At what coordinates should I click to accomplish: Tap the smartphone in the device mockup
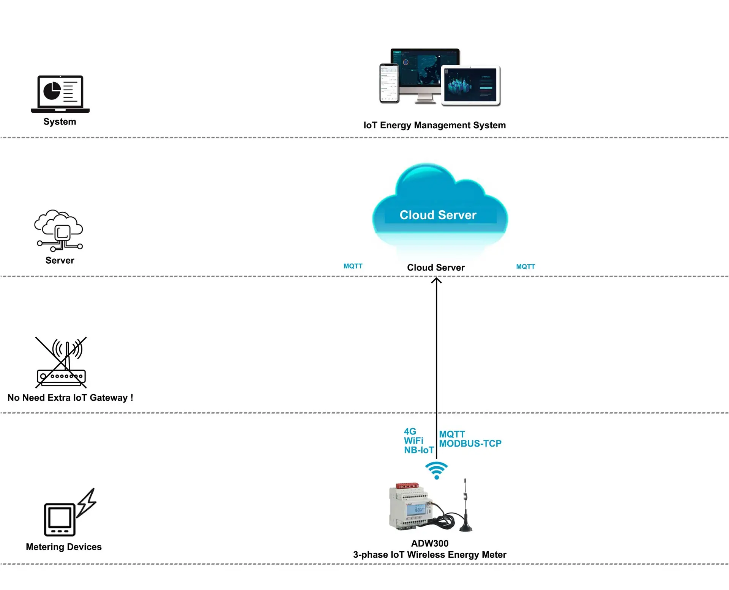(389, 83)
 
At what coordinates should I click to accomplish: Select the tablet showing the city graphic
(471, 85)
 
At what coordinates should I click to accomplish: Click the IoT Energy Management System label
(434, 125)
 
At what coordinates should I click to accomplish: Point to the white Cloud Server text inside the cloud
(438, 215)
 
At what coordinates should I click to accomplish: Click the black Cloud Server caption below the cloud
(436, 267)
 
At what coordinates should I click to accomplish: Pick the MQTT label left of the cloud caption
(353, 266)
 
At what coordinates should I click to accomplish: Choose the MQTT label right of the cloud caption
(525, 267)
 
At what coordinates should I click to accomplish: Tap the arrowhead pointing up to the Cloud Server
(436, 281)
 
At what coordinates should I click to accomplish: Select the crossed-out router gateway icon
(61, 363)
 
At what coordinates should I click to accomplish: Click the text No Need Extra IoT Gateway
(70, 398)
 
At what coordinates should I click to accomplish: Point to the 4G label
(410, 431)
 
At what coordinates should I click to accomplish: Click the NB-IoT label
(418, 450)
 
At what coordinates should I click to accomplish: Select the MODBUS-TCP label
(470, 444)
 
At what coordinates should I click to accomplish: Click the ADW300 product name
(429, 543)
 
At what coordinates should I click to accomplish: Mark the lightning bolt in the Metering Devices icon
(87, 503)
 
